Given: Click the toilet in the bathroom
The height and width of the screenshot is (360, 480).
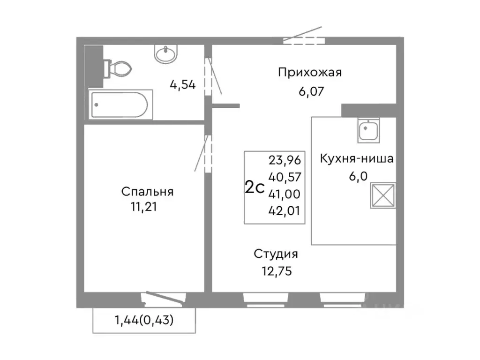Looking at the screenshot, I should (117, 69).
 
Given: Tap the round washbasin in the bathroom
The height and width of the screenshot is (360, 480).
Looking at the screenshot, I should (166, 54).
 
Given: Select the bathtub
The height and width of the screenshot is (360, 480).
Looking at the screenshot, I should (120, 104).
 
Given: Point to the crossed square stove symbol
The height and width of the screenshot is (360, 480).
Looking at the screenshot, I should (383, 195).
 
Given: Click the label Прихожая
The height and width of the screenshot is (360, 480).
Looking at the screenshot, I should (310, 72).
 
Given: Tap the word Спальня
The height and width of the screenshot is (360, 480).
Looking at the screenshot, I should (147, 192).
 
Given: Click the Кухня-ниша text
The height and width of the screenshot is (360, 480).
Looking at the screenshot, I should (356, 158).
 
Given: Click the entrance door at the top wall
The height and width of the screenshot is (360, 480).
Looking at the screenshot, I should (304, 40).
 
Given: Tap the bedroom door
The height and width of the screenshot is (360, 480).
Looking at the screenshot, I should (207, 153).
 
